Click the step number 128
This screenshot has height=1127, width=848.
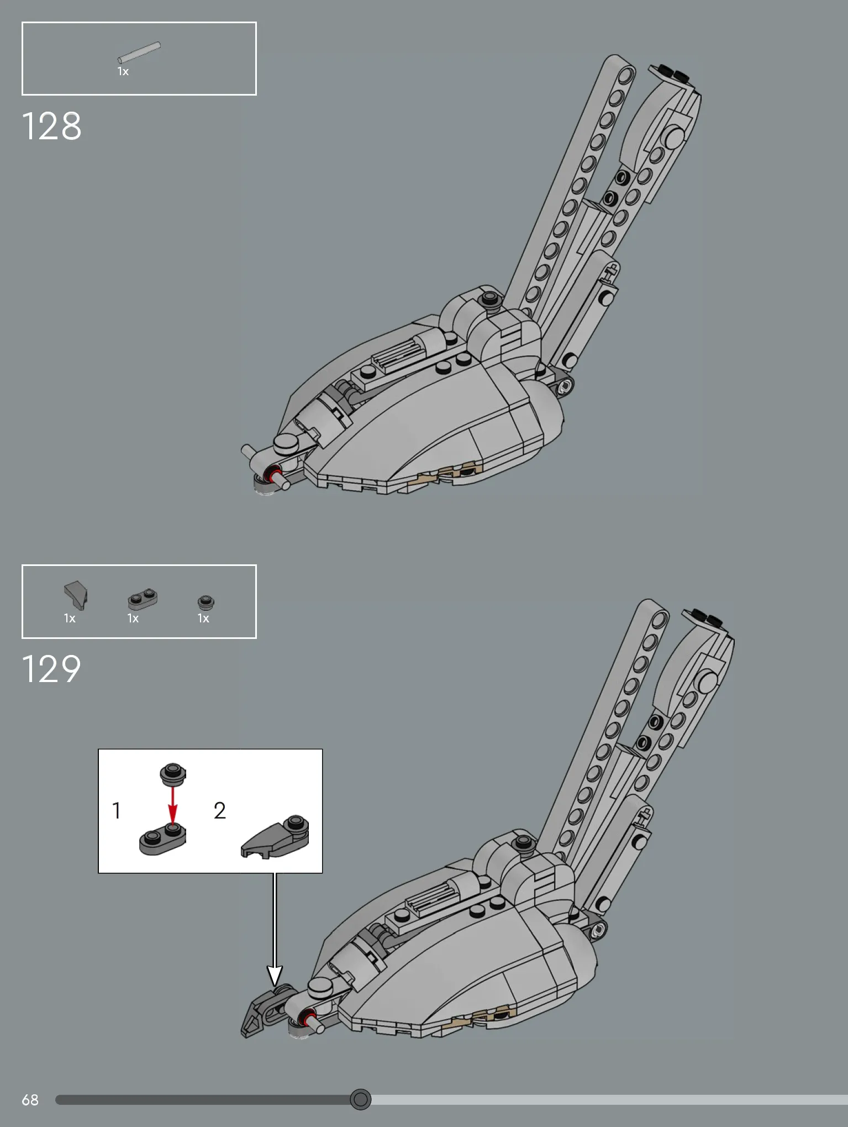[51, 127]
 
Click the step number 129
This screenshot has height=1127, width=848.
[51, 669]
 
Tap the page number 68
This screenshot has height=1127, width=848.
[30, 1100]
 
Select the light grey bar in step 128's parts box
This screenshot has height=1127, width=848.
[139, 53]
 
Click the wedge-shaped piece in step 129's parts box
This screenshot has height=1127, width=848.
[76, 595]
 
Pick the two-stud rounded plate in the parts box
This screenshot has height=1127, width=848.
[143, 600]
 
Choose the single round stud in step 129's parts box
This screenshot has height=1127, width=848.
[206, 602]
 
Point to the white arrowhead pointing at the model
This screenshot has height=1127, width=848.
[275, 976]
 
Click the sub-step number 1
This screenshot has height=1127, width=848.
[117, 811]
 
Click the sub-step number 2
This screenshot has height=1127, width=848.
[220, 811]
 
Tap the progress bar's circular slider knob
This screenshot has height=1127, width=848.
[361, 1099]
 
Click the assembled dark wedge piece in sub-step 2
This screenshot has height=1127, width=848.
[275, 837]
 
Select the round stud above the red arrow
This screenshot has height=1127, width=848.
[173, 774]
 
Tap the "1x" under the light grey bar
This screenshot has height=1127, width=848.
[123, 72]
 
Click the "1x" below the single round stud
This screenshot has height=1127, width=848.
[203, 618]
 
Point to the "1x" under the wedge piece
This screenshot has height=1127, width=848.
[70, 618]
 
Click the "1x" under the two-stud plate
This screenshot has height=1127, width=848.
[133, 618]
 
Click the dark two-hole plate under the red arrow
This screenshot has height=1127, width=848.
[162, 838]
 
